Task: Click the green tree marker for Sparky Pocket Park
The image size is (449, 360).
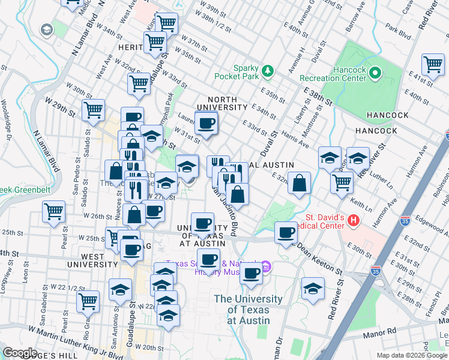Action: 268,71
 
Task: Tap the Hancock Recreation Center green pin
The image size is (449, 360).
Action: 376,73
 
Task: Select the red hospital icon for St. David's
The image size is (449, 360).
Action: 354,221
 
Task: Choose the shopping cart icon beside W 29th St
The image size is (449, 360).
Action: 93,110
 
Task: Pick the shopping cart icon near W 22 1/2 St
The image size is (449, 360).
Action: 88,301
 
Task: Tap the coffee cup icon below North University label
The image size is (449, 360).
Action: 206,124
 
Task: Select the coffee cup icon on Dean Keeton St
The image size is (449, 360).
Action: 286,232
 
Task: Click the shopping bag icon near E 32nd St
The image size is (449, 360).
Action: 299,184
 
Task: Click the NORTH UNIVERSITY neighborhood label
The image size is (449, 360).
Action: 227,103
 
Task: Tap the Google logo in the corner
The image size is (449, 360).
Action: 20,353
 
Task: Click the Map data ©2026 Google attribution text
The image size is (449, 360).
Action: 411,355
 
